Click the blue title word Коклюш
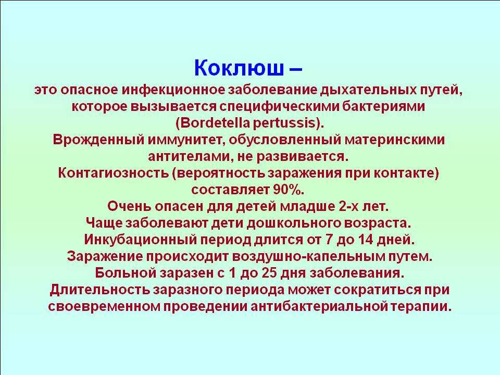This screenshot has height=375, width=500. point(239,68)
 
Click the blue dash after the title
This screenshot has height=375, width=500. point(296,69)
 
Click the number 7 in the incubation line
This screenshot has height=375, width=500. point(329,239)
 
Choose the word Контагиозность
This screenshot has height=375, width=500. point(113,173)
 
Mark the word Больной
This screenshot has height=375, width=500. point(124,272)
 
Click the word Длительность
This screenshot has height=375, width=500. point(99,290)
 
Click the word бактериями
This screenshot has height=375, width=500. point(384,106)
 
